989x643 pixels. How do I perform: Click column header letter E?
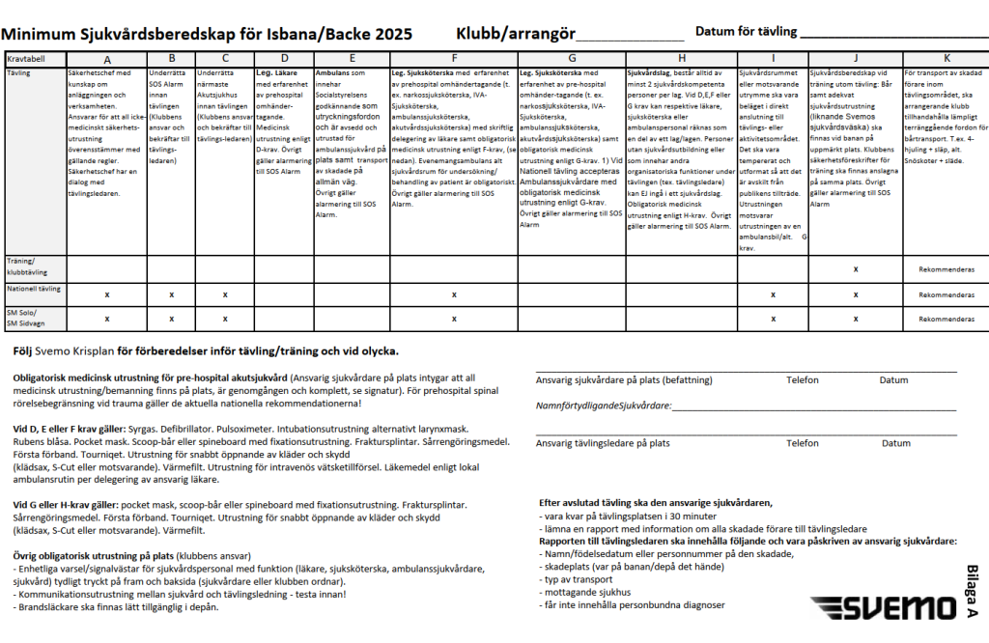coord(352,59)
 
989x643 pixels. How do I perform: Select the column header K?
coord(947,59)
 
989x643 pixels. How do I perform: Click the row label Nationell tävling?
coord(34,289)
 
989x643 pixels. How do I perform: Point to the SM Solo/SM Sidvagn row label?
coord(28,318)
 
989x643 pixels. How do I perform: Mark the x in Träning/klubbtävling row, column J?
coord(855,268)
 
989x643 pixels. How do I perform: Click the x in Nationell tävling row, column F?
coord(454,294)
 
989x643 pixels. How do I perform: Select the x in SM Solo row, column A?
coord(106,318)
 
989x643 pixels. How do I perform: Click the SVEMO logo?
coord(880,608)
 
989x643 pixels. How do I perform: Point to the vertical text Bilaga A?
coord(972,591)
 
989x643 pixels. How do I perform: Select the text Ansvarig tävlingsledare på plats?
coord(603,443)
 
